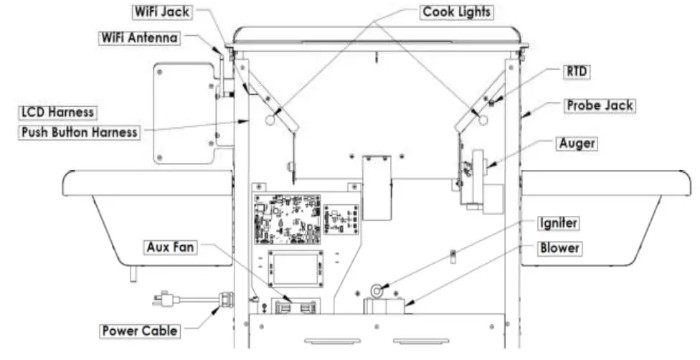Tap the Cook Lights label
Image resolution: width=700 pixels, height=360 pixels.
(x=456, y=13)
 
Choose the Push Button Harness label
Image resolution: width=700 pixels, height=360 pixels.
(x=79, y=133)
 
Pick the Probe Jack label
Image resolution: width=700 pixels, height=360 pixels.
(x=597, y=105)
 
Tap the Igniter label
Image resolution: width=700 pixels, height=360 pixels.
(x=557, y=224)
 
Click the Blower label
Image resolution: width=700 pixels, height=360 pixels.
(x=559, y=248)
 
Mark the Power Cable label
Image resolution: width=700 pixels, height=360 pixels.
(x=138, y=331)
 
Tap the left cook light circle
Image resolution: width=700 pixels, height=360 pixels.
(x=271, y=120)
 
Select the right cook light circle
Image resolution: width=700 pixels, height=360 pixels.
(x=483, y=119)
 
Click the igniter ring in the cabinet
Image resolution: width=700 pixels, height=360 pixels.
(x=376, y=290)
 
